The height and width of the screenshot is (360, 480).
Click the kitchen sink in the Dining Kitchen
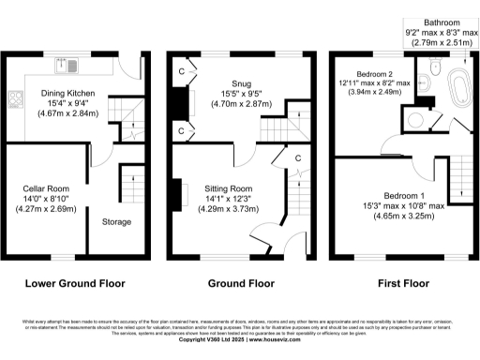click(67, 65)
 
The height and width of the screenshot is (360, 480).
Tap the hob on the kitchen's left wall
click(14, 97)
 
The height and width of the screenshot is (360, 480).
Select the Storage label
click(116, 222)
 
